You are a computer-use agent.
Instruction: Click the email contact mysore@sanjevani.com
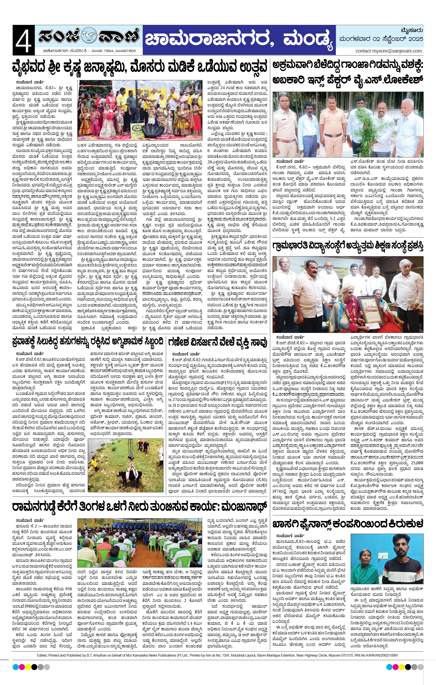point(389,51)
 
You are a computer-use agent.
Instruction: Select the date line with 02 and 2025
point(381,39)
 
